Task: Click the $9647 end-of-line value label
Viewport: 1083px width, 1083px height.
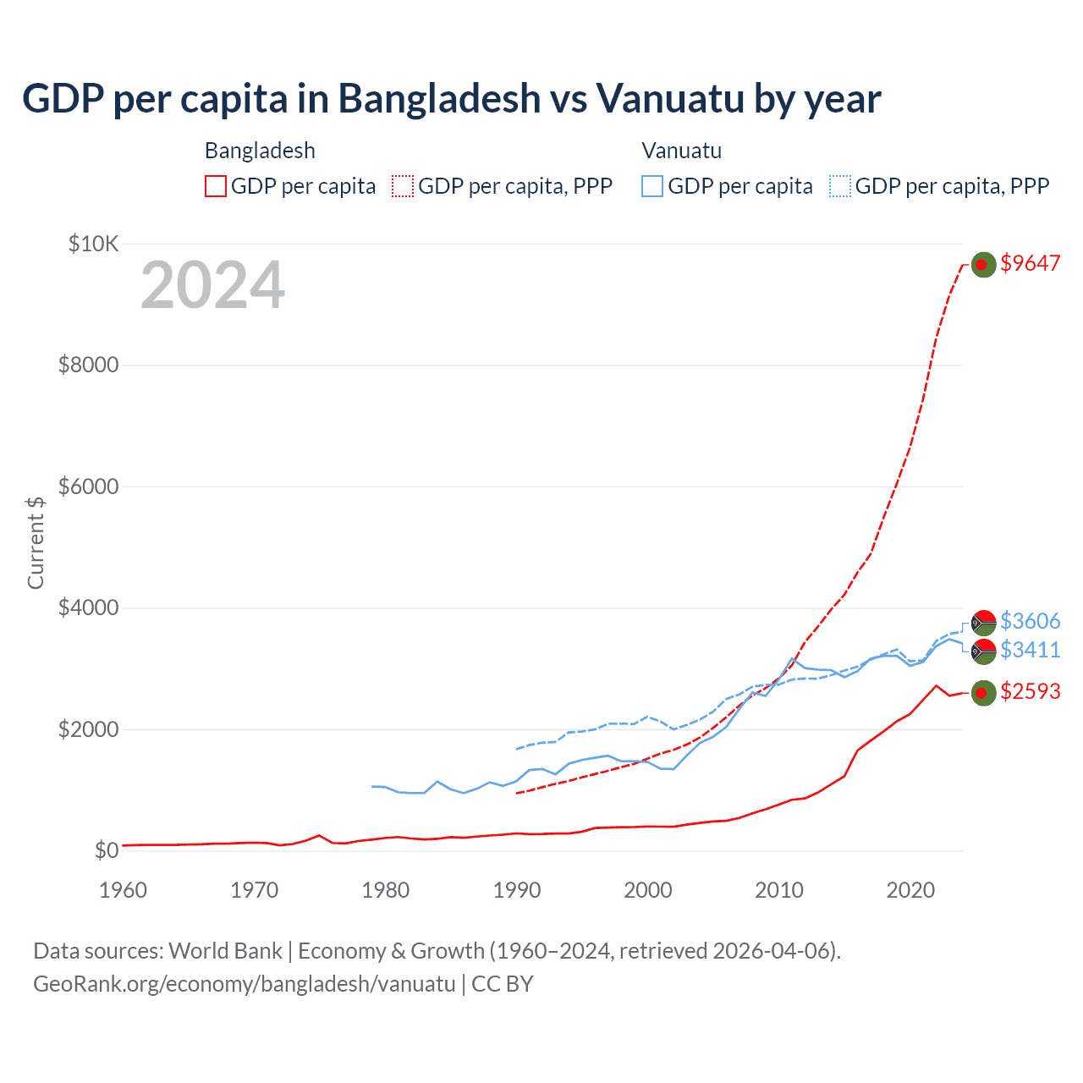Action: [x=1030, y=263]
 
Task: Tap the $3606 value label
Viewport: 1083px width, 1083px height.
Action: [x=1030, y=621]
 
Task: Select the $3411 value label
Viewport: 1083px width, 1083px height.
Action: [x=1030, y=650]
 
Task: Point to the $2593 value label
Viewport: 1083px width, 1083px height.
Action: [x=1030, y=691]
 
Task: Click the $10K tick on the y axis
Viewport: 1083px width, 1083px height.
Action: [x=93, y=245]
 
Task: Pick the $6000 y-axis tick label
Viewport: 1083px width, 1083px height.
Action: [x=88, y=487]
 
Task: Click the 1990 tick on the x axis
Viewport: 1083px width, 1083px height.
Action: [x=517, y=890]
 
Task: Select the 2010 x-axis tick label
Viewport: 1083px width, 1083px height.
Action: [x=779, y=890]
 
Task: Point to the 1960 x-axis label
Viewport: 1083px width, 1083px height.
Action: [x=124, y=890]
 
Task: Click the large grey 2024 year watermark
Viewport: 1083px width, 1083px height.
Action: [x=212, y=285]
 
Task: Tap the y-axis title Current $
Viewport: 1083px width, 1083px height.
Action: [x=36, y=542]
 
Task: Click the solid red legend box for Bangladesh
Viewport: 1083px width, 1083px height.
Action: [x=216, y=186]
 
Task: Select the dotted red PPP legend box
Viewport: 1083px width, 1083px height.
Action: [x=403, y=186]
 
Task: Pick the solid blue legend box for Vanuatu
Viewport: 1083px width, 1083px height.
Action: [x=652, y=186]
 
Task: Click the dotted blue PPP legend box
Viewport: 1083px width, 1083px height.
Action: [x=840, y=186]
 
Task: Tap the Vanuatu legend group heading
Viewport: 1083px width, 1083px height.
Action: [x=681, y=151]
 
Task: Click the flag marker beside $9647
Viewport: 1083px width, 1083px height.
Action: [x=982, y=265]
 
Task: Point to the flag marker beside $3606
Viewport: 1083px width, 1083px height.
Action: [x=983, y=623]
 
